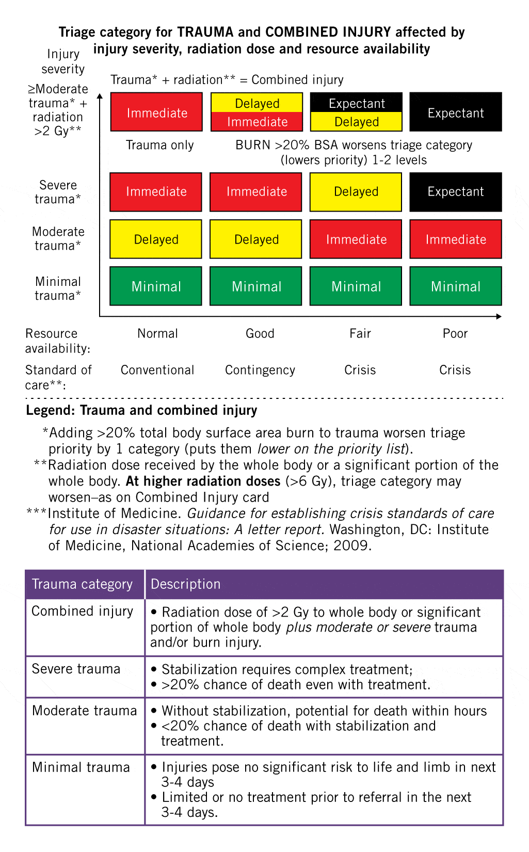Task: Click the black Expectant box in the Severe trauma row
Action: (456, 192)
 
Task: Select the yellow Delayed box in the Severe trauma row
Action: (356, 192)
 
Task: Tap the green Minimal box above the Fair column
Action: (356, 286)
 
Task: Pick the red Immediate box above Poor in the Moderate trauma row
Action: (456, 239)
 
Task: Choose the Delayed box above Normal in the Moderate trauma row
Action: (156, 239)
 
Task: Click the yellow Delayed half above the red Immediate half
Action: (257, 103)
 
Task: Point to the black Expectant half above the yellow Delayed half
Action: (356, 103)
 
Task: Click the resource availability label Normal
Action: (157, 333)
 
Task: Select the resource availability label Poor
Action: (455, 333)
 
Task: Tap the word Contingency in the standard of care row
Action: (260, 370)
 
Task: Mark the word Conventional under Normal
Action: (157, 370)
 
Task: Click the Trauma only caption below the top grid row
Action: (159, 145)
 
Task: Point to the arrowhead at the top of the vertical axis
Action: (100, 95)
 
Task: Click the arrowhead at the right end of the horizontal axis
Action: (499, 316)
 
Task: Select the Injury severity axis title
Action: (63, 61)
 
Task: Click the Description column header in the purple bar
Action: (185, 584)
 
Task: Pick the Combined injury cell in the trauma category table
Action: (83, 611)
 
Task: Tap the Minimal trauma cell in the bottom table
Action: (81, 767)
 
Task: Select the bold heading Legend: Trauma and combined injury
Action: (141, 410)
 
